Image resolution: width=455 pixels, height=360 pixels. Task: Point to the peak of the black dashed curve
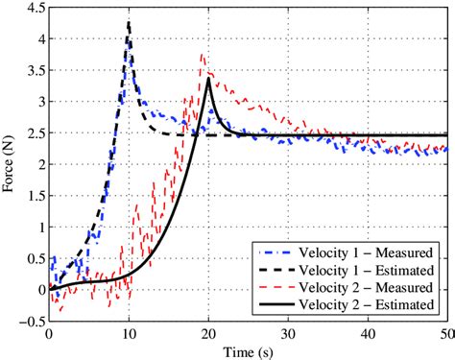coord(129,21)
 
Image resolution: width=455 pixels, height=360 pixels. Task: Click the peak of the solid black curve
coord(208,80)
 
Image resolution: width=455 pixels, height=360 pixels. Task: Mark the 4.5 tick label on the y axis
coord(34,11)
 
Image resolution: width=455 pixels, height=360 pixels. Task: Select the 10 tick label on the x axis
coord(129,332)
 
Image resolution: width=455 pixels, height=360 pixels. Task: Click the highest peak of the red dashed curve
coord(201,55)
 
